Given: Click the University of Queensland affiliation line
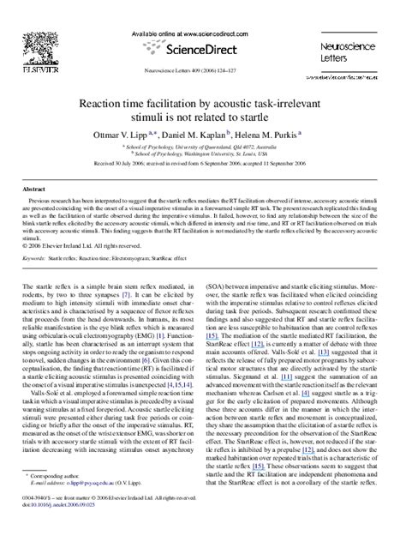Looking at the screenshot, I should (x=202, y=147).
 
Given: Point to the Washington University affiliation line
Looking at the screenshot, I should (x=202, y=154).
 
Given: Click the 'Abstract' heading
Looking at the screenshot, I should (x=33, y=188).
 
